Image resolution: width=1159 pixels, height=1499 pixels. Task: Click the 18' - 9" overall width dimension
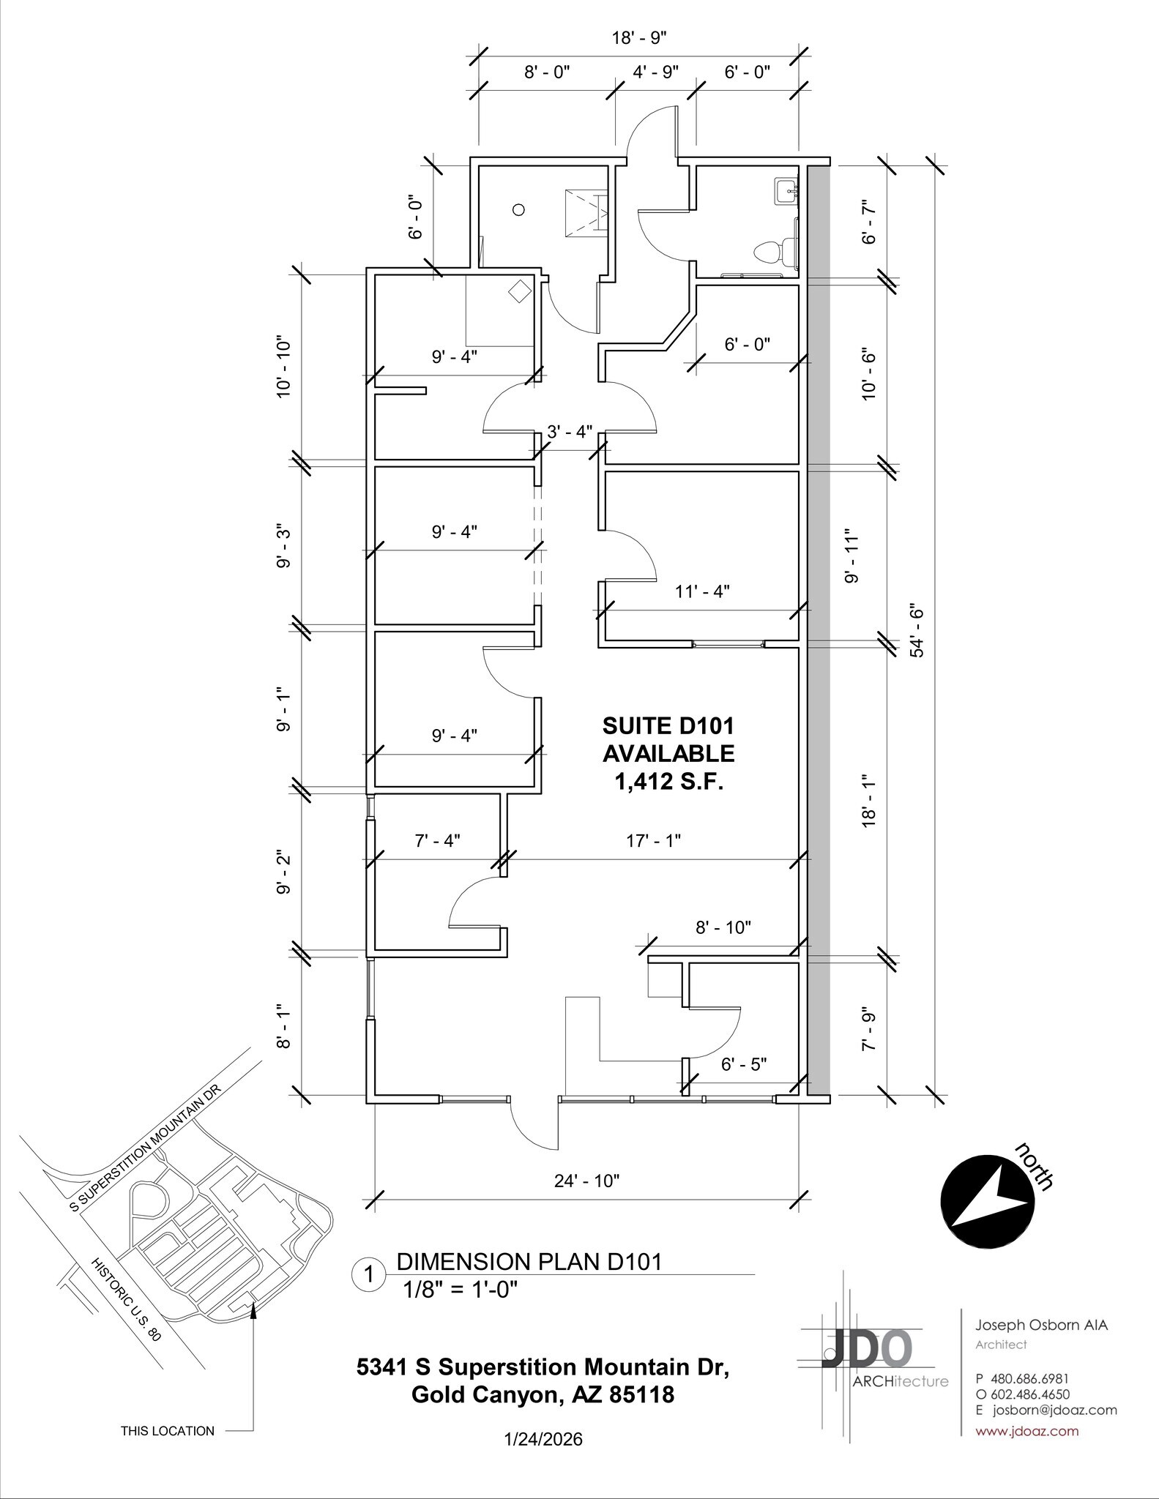pyautogui.click(x=639, y=37)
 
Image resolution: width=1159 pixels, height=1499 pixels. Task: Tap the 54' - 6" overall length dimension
pyautogui.click(x=917, y=629)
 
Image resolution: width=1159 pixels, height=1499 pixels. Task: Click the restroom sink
pyautogui.click(x=786, y=192)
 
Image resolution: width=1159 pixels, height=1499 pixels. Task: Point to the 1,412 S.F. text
pyautogui.click(x=668, y=782)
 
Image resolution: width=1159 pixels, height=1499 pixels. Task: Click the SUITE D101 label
pyautogui.click(x=668, y=725)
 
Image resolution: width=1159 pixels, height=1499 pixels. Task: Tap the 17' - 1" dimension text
pyautogui.click(x=653, y=840)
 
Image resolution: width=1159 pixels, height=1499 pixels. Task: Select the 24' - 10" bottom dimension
pyautogui.click(x=586, y=1181)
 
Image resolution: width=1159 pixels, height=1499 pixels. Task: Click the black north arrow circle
pyautogui.click(x=988, y=1203)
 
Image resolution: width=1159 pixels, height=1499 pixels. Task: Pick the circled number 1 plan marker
pyautogui.click(x=370, y=1275)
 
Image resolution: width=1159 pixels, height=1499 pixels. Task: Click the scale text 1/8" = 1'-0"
pyautogui.click(x=461, y=1290)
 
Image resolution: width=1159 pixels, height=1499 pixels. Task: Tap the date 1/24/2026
pyautogui.click(x=543, y=1440)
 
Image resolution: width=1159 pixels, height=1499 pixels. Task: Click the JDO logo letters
pyautogui.click(x=868, y=1349)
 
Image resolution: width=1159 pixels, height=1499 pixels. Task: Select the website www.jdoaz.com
pyautogui.click(x=1027, y=1431)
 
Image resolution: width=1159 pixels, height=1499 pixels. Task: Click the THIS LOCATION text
pyautogui.click(x=168, y=1431)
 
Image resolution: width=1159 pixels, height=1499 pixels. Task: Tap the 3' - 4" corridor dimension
pyautogui.click(x=570, y=431)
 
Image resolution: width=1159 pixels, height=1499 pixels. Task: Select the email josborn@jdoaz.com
pyautogui.click(x=1054, y=1410)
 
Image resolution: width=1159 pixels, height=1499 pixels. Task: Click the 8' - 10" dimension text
pyautogui.click(x=723, y=927)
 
